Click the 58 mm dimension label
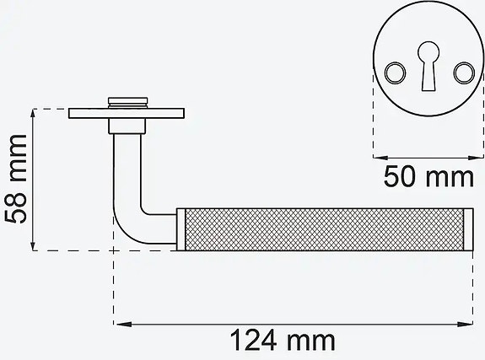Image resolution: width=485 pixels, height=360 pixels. click(x=18, y=180)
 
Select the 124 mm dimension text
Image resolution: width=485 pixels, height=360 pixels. click(x=283, y=341)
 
